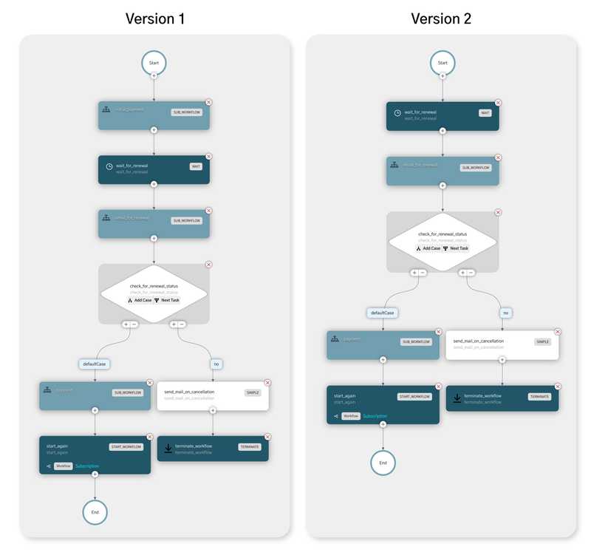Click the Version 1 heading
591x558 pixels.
pos(154,18)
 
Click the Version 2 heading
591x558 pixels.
pos(441,18)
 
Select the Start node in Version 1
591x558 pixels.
pos(154,64)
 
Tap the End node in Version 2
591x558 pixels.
pos(383,462)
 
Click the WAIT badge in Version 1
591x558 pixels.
pos(196,166)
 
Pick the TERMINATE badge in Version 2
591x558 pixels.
pos(539,396)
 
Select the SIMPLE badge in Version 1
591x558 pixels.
pos(253,392)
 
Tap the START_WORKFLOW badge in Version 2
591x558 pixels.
pos(414,396)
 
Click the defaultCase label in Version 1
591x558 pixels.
pos(94,363)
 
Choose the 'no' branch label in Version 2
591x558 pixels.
pos(505,313)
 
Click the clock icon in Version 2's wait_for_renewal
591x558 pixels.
pos(397,113)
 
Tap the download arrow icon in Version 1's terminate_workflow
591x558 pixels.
pos(169,448)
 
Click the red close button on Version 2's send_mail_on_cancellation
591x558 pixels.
pos(557,332)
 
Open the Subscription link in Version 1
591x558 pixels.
pos(87,466)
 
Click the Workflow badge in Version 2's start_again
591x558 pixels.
pos(351,416)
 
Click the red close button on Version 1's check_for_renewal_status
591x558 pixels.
pos(208,265)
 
